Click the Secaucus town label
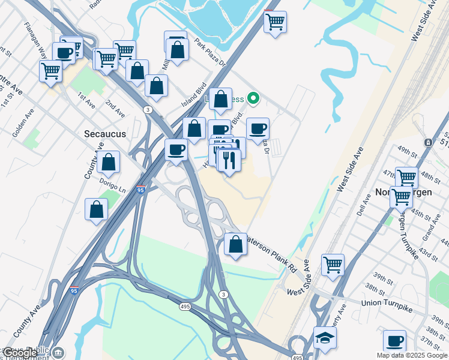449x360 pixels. click(105, 134)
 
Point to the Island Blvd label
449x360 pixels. click(194, 95)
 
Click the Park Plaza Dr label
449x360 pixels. click(209, 53)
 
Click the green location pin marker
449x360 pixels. click(253, 98)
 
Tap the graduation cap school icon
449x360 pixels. click(324, 337)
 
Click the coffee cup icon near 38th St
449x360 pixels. click(394, 341)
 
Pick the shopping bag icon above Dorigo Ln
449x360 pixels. click(109, 161)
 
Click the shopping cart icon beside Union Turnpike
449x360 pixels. click(333, 265)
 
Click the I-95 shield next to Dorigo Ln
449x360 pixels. click(140, 190)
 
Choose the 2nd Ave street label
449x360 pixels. click(115, 109)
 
